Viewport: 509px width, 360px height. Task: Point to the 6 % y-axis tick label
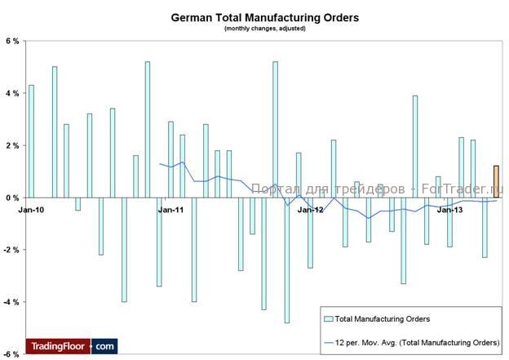(11, 41)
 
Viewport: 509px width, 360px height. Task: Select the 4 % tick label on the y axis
(11, 93)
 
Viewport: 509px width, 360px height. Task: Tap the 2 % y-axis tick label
(11, 145)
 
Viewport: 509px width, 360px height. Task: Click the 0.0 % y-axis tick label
(10, 198)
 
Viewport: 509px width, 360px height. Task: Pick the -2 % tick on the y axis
(11, 250)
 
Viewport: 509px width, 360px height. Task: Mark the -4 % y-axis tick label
(11, 302)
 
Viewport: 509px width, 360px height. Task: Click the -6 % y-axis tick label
(11, 354)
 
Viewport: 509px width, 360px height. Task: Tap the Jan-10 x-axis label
(30, 210)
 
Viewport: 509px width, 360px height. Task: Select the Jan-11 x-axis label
(170, 210)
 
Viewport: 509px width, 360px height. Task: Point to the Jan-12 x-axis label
(310, 210)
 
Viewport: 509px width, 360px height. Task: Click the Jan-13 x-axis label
(449, 210)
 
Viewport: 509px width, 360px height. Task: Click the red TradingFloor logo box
(57, 346)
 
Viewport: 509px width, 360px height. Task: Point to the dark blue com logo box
(104, 346)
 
